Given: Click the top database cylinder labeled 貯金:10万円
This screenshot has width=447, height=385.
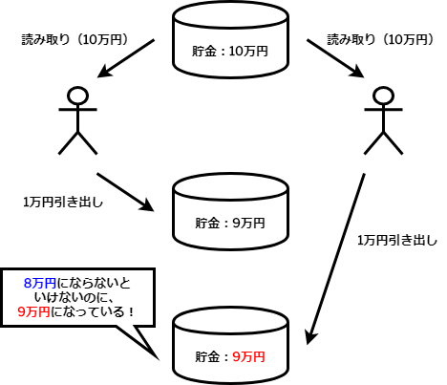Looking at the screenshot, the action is pyautogui.click(x=230, y=39).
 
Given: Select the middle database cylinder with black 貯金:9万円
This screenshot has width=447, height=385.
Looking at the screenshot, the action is pyautogui.click(x=230, y=211).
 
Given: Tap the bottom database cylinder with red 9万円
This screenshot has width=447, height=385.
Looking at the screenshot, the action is pyautogui.click(x=230, y=347).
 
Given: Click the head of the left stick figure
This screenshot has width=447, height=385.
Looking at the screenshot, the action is pyautogui.click(x=77, y=95).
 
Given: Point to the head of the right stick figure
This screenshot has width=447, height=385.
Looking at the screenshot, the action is pyautogui.click(x=383, y=95).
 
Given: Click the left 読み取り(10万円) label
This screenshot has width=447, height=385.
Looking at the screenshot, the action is pyautogui.click(x=75, y=40).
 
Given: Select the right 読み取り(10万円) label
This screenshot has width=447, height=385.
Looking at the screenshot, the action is pyautogui.click(x=381, y=40).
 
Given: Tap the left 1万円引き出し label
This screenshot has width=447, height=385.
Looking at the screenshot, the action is pyautogui.click(x=63, y=203).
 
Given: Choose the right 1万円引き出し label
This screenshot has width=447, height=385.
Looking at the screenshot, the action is pyautogui.click(x=397, y=241).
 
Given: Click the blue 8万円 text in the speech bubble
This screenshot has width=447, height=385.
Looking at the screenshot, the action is pyautogui.click(x=40, y=283).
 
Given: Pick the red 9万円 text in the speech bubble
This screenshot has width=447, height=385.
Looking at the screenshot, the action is pyautogui.click(x=34, y=311).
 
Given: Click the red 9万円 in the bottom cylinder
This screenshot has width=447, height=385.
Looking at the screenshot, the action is pyautogui.click(x=249, y=356).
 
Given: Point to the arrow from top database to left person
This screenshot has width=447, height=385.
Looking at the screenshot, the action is pyautogui.click(x=126, y=58).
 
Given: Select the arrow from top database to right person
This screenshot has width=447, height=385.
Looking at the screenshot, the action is pyautogui.click(x=335, y=58).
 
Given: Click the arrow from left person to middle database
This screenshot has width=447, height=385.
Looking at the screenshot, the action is pyautogui.click(x=125, y=192).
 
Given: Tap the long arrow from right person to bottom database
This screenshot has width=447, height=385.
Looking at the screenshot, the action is pyautogui.click(x=335, y=259).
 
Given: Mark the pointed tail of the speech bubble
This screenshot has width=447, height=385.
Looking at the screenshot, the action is pyautogui.click(x=159, y=359).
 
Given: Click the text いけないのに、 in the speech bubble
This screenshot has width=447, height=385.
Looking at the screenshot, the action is pyautogui.click(x=74, y=297).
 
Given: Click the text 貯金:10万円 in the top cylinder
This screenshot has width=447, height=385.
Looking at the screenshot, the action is pyautogui.click(x=230, y=51).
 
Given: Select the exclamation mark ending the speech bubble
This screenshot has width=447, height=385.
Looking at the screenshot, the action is pyautogui.click(x=131, y=311).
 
